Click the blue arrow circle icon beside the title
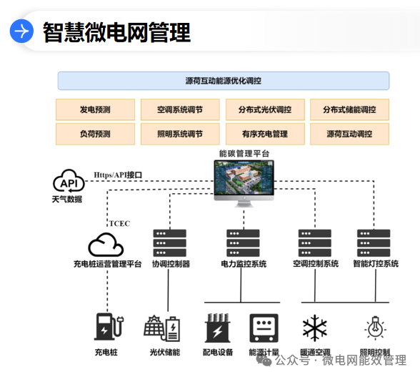click(21, 31)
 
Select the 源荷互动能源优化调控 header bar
click(223, 81)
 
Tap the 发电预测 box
click(95, 109)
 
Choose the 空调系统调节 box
click(180, 109)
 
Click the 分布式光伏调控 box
click(264, 109)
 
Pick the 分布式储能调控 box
click(349, 109)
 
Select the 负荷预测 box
click(95, 134)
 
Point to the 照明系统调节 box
click(180, 134)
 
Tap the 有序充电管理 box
click(264, 134)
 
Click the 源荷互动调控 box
click(349, 134)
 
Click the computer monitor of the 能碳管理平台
click(244, 181)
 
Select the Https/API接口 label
click(118, 175)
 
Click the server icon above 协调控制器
click(170, 243)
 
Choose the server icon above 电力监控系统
click(243, 243)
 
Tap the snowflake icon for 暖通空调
click(314, 328)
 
